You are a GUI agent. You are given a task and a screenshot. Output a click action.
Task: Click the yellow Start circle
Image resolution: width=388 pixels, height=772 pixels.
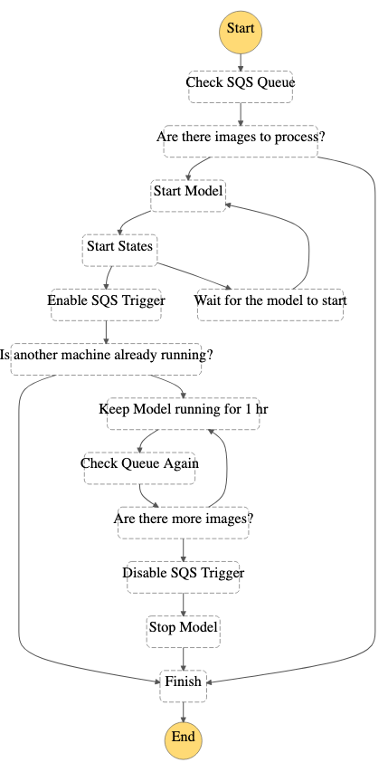(241, 31)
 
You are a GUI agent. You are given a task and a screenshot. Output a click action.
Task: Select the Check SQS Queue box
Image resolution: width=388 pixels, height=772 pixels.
(241, 87)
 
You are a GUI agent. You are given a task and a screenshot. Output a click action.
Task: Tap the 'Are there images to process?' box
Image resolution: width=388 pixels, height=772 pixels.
(241, 141)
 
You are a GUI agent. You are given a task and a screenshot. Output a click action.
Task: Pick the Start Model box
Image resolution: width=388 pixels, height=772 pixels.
(188, 196)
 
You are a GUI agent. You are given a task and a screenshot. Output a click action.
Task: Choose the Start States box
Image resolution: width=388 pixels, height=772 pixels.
(120, 251)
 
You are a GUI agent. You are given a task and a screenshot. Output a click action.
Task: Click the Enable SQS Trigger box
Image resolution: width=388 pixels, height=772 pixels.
(106, 305)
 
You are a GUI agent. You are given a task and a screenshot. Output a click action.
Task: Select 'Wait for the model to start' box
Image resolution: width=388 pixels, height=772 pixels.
(270, 305)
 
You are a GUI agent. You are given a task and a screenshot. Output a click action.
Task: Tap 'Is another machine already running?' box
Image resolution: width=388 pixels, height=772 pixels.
(106, 359)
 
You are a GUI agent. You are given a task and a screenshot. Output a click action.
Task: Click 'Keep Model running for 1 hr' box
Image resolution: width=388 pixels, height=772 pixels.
(184, 415)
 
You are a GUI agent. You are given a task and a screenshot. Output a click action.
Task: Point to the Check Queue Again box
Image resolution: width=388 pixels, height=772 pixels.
(139, 469)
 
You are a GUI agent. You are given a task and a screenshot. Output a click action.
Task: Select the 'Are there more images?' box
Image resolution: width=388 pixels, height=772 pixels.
(184, 523)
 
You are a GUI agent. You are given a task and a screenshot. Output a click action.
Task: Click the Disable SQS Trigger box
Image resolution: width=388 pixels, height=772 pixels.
(184, 577)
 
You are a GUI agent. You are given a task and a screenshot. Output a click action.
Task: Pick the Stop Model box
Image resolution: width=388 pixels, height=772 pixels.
(184, 633)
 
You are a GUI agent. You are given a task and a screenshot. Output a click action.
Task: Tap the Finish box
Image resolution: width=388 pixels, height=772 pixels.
(184, 686)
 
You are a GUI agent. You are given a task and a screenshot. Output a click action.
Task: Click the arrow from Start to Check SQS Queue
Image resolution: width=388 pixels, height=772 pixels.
(241, 62)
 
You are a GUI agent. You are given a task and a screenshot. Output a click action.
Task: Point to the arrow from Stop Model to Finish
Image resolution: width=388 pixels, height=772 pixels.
(184, 659)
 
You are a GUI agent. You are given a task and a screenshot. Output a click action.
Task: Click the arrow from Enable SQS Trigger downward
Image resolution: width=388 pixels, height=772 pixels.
(106, 332)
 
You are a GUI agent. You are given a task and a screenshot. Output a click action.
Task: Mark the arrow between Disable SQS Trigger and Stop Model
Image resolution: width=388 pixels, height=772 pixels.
(184, 605)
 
